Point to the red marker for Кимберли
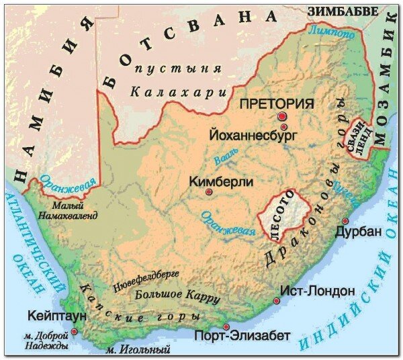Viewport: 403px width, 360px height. [x=209, y=193]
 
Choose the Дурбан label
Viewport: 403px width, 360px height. [x=357, y=232]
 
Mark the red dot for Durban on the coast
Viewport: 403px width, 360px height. [x=345, y=221]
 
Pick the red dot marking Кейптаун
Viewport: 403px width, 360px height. [x=75, y=331]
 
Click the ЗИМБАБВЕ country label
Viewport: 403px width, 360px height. [x=337, y=11]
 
